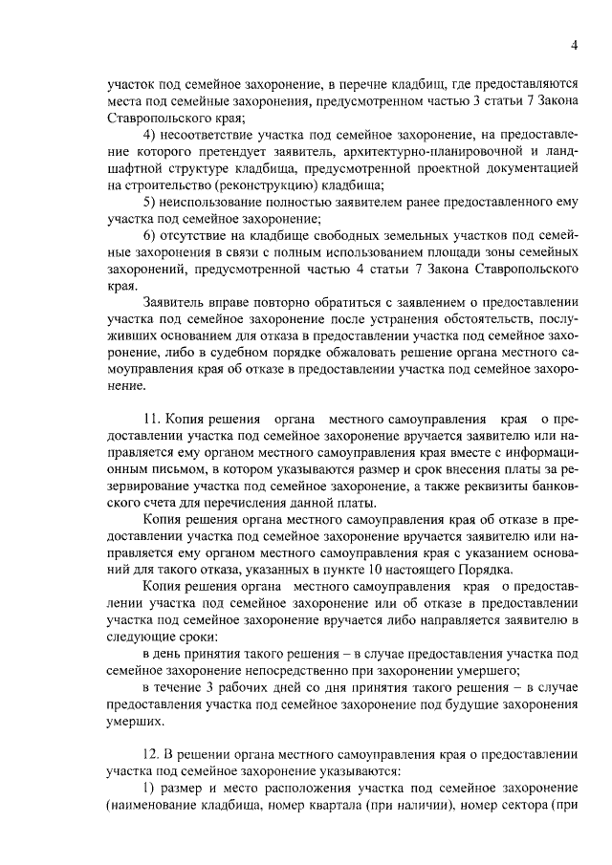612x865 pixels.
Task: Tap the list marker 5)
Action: click(x=150, y=202)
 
